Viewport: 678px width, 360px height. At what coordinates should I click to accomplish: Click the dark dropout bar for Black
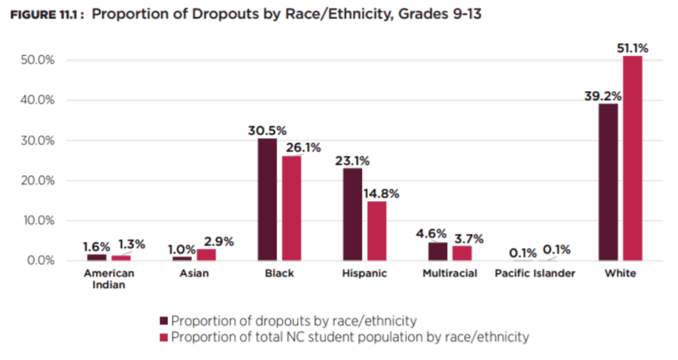267,200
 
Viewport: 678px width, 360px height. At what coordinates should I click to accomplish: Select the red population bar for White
632,158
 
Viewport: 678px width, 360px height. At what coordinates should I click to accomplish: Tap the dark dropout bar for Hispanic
352,214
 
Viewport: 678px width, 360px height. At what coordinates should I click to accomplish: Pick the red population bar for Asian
206,255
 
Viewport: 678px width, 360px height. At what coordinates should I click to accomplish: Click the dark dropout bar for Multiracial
438,251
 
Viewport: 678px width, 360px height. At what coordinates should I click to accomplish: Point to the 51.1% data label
632,48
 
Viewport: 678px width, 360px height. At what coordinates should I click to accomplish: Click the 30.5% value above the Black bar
267,131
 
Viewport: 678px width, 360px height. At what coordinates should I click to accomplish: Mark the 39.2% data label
603,97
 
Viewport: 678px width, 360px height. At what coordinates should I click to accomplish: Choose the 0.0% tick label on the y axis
42,260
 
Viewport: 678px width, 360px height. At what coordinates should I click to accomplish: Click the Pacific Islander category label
534,274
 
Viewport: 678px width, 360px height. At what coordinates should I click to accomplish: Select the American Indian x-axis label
109,279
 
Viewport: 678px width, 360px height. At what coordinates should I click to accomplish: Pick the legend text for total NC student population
350,337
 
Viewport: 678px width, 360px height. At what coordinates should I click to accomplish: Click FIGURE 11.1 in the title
44,15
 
